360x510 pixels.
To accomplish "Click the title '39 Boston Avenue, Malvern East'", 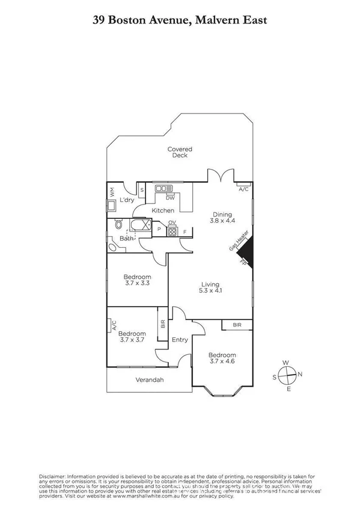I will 180,20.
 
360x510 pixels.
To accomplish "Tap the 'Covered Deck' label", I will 180,152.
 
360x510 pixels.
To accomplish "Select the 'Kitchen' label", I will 163,210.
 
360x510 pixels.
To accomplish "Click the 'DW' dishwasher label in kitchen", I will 170,198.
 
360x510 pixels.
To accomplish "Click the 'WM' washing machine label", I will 112,192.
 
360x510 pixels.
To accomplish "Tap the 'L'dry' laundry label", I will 127,200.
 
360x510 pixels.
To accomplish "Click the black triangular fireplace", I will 249,253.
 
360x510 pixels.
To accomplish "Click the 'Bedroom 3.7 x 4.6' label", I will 222,358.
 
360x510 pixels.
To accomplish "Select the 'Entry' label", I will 180,340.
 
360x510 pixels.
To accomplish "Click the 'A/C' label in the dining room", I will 243,189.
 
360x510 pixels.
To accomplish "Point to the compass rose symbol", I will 288,375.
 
